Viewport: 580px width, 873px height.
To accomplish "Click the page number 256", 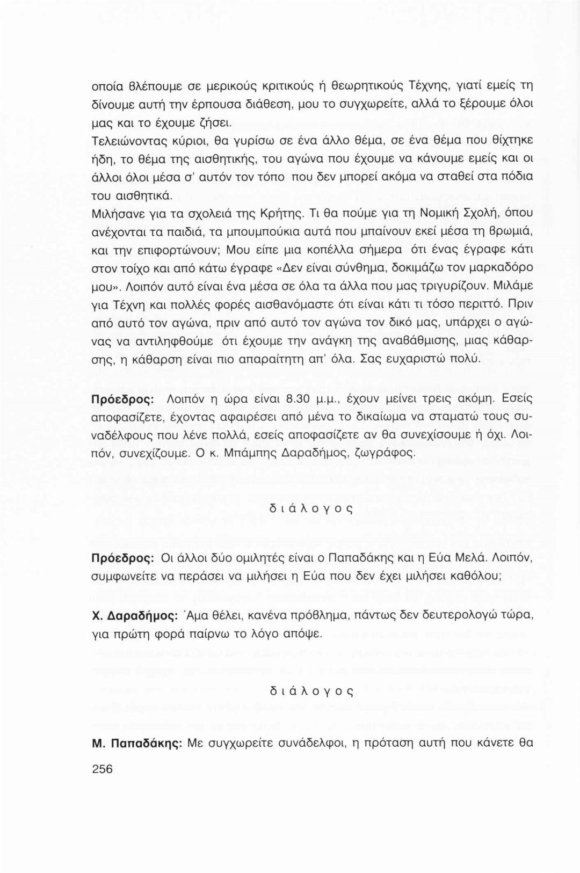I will [102, 769].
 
